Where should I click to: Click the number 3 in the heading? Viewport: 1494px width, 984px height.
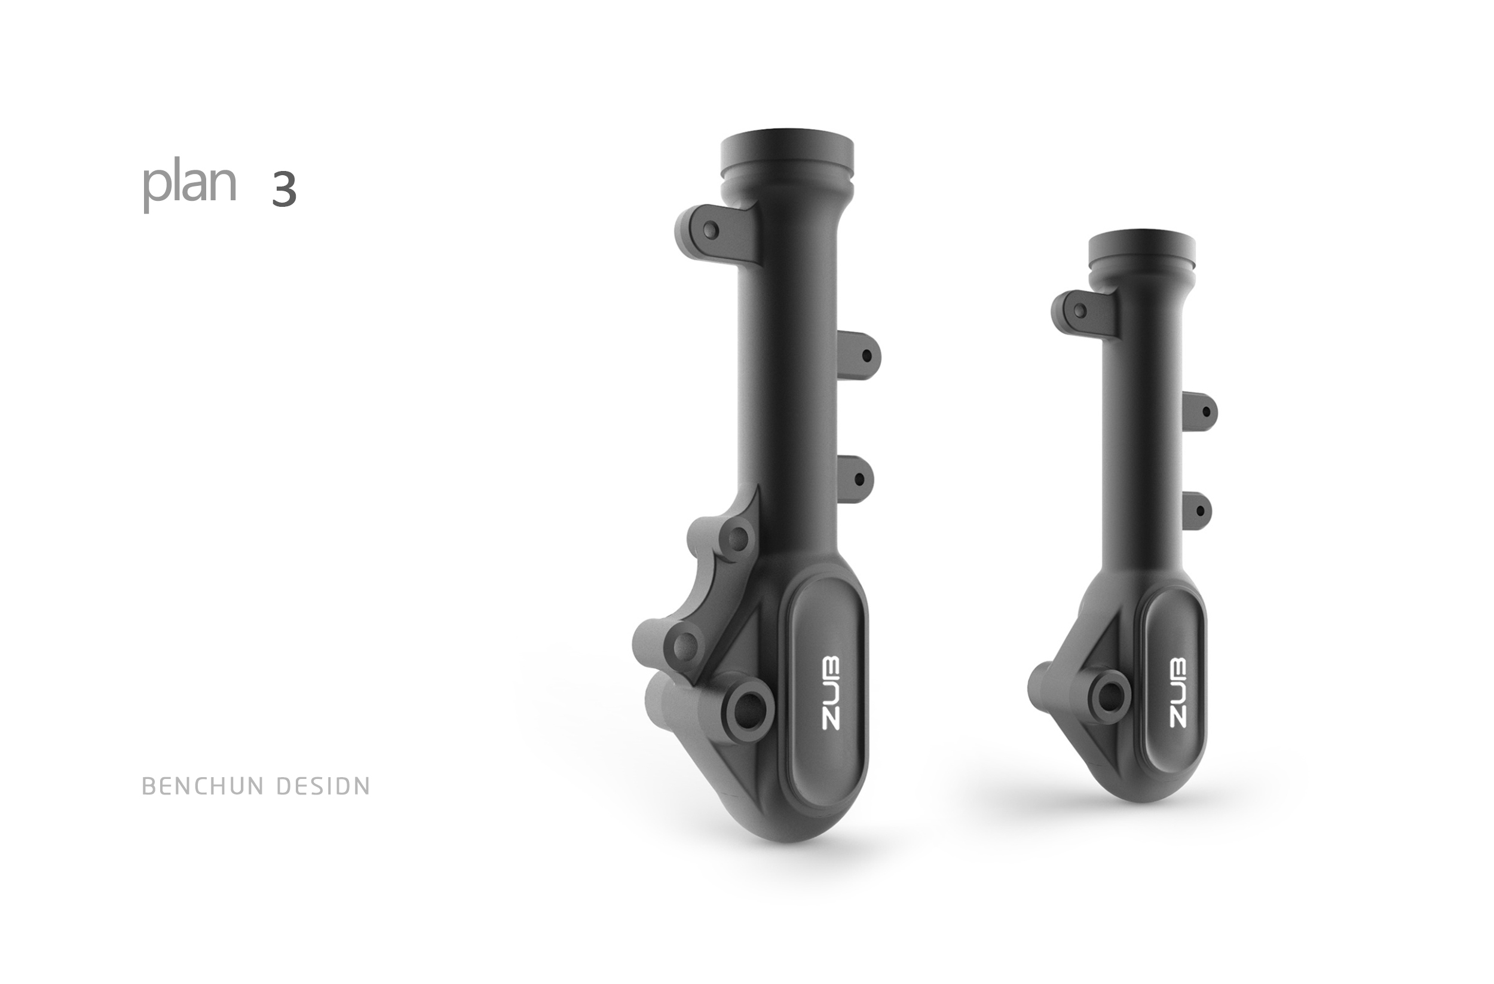[x=284, y=189]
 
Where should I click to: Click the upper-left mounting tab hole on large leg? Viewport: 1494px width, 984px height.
[x=710, y=230]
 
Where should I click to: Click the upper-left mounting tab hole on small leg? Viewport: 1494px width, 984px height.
[x=1080, y=310]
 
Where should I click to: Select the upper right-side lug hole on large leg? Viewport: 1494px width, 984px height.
[x=867, y=356]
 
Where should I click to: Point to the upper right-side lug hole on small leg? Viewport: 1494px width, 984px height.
[x=1205, y=412]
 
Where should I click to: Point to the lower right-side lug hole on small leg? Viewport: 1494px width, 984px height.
[x=1200, y=511]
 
